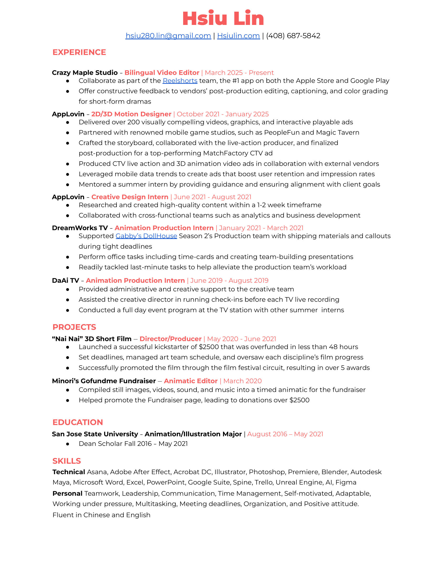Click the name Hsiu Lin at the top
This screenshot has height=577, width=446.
[x=223, y=19]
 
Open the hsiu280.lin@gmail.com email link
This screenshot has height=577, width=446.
[x=168, y=36]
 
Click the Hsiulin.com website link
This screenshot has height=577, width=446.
[x=238, y=36]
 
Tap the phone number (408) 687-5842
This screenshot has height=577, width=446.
[x=293, y=36]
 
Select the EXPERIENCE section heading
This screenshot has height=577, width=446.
[x=79, y=52]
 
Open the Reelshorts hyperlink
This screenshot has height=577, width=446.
[x=180, y=81]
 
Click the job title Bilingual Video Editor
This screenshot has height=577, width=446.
[x=162, y=73]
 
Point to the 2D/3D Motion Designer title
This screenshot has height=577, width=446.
[x=131, y=114]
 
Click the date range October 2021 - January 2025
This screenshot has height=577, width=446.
[x=222, y=114]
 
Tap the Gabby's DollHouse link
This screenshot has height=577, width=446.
[x=146, y=236]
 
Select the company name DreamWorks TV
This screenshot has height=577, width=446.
[x=80, y=228]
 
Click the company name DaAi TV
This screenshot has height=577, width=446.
[x=66, y=281]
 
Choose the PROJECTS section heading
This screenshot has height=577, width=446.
[x=74, y=327]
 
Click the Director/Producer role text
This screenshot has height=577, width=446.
[x=171, y=339]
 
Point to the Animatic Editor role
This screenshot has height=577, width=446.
[x=190, y=381]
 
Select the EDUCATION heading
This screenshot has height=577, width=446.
[x=78, y=422]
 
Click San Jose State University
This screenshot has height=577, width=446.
[x=95, y=434]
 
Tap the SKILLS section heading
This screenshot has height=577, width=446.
[x=67, y=461]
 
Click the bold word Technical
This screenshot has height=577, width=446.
[x=69, y=472]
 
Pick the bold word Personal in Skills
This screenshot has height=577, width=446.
[x=67, y=494]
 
